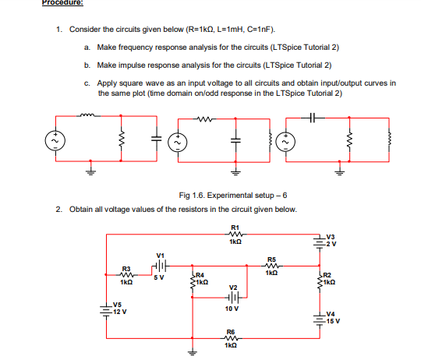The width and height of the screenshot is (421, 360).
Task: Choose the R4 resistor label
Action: click(x=200, y=277)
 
